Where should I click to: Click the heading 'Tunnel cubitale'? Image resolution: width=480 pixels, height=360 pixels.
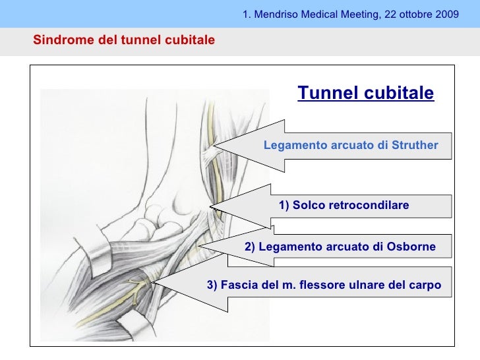pos(366,93)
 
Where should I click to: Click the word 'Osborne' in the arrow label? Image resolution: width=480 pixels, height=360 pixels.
pos(412,247)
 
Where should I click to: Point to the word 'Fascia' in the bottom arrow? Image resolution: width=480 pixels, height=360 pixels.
pos(236,285)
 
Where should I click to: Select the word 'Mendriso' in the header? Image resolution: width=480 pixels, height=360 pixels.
pos(274,13)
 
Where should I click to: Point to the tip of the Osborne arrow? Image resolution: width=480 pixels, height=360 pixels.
pos(200,247)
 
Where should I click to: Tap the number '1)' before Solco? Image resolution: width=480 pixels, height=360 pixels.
pos(284,206)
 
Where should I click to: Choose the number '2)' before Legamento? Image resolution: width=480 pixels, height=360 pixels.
pos(250,247)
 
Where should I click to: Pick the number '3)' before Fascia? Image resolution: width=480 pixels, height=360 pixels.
pos(212,285)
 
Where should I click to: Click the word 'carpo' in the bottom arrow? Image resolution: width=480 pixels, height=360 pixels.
pos(427,285)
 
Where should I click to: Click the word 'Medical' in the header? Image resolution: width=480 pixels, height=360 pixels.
pos(319,13)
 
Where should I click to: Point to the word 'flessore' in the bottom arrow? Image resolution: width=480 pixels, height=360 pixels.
pos(320,285)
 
